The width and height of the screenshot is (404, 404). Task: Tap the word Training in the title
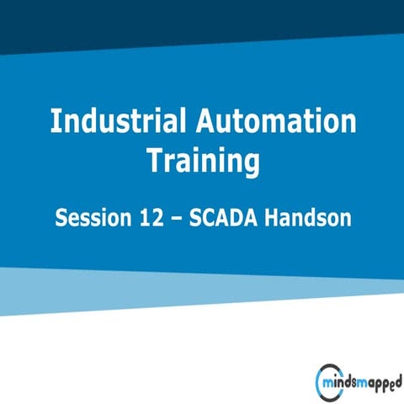coord(202,161)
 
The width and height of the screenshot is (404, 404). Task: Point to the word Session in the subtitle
coord(89,218)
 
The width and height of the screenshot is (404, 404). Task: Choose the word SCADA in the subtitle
coord(214,218)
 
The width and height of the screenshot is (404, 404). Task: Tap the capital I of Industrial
coord(54,122)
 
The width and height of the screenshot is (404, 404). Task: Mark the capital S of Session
coord(61,218)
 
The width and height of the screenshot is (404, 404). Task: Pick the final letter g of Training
coord(249,164)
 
